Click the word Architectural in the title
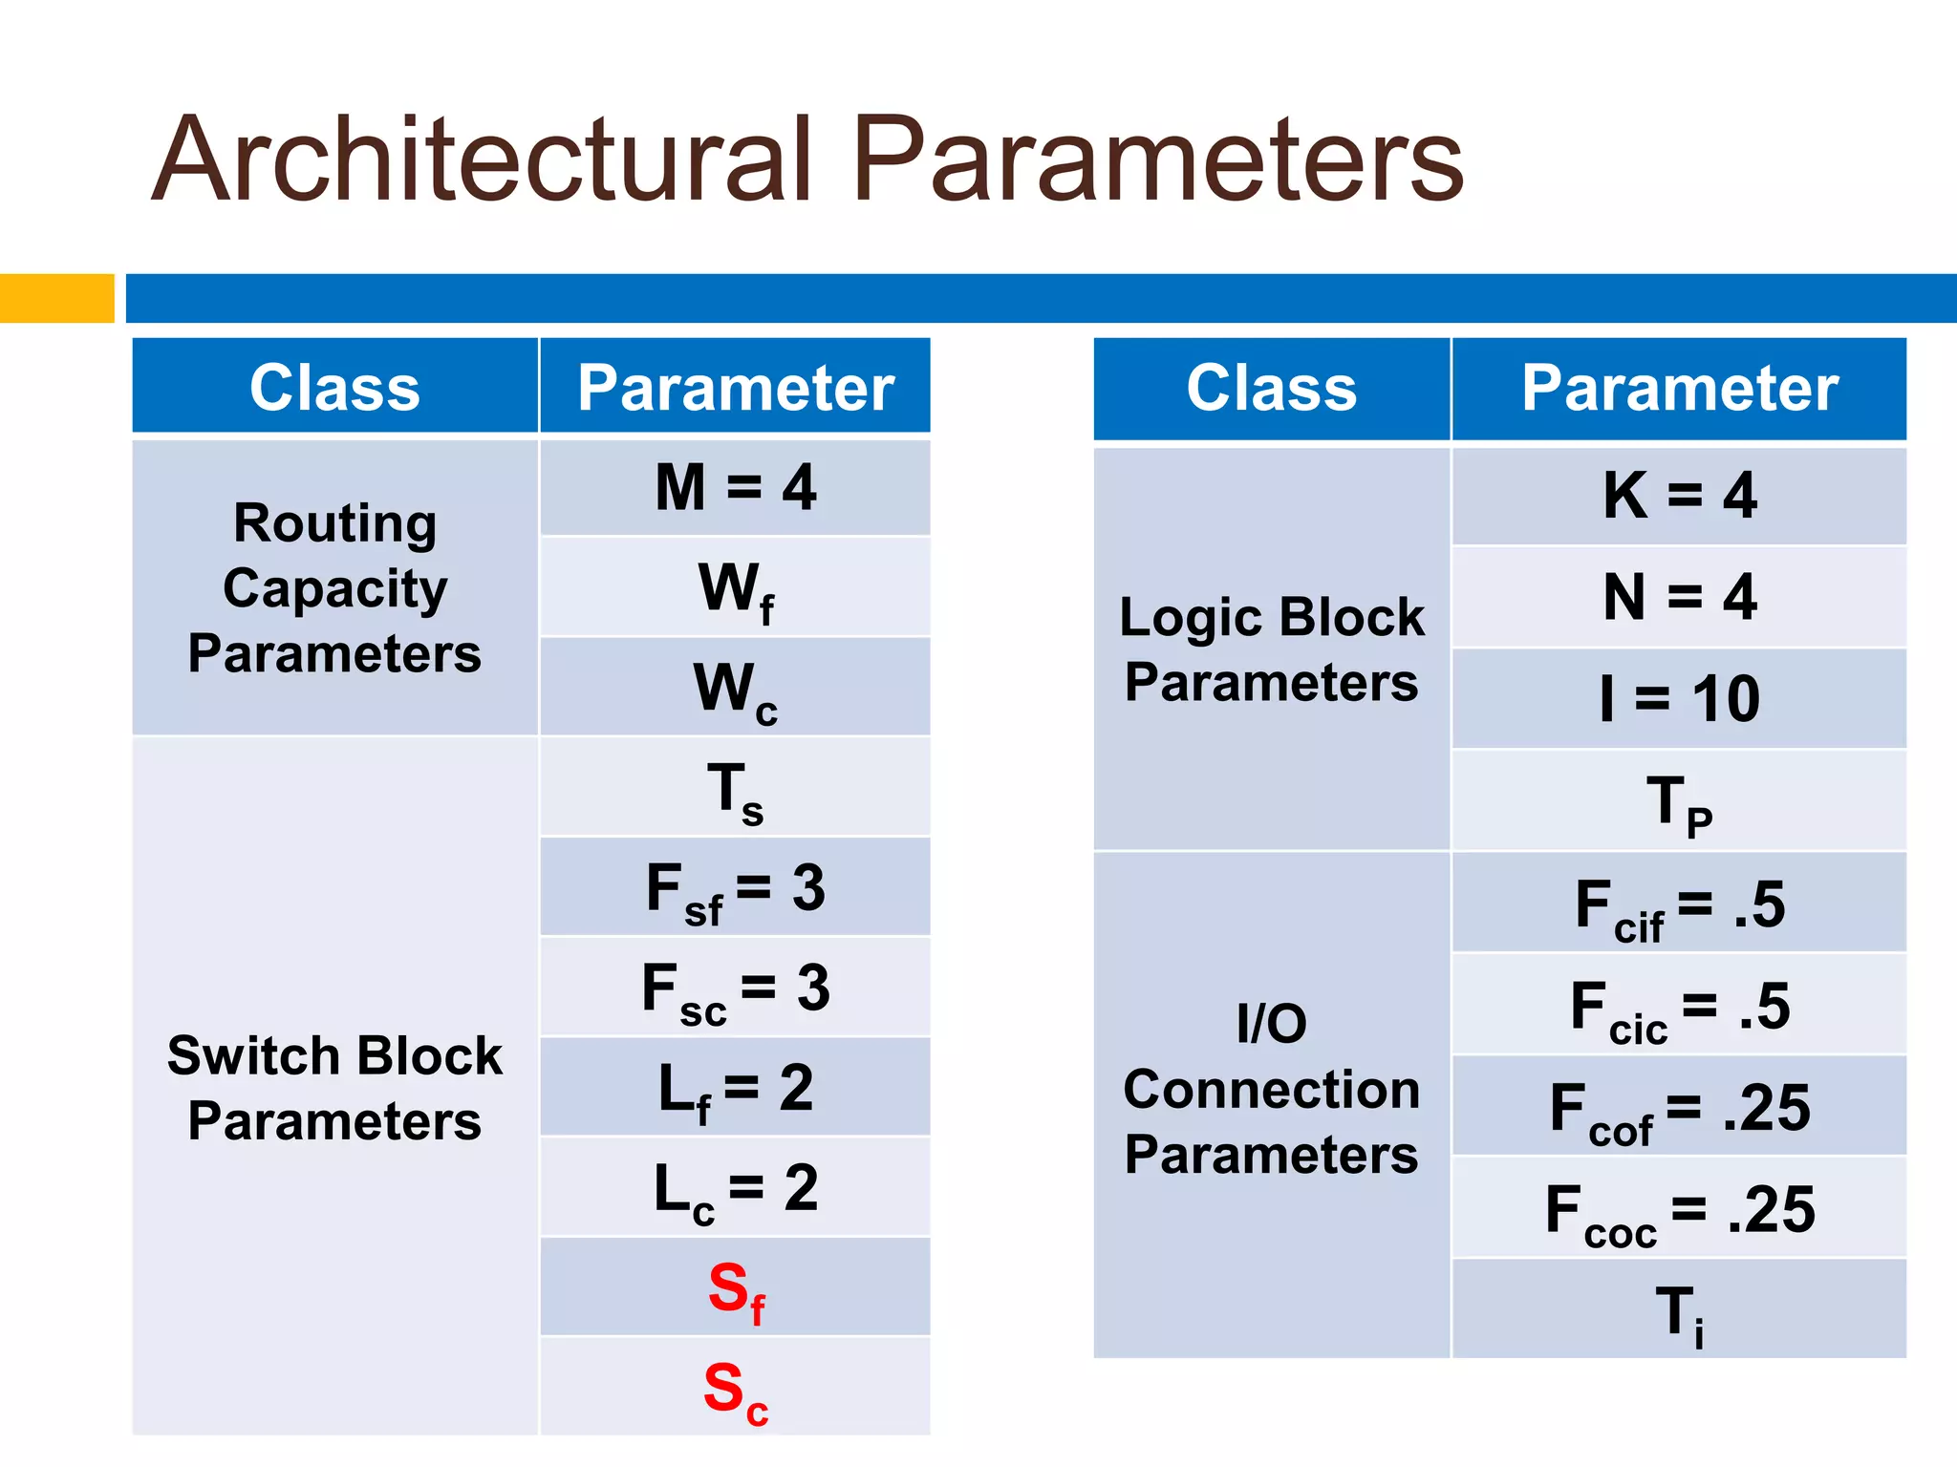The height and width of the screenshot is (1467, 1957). click(483, 159)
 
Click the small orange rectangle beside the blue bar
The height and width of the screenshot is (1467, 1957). click(56, 298)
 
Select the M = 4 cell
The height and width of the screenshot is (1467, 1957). click(735, 487)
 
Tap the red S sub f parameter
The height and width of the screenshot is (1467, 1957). click(735, 1289)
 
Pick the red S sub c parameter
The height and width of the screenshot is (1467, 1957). click(735, 1390)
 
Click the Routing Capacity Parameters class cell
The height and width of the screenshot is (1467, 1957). click(334, 587)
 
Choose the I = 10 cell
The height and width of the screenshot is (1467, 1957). click(1679, 698)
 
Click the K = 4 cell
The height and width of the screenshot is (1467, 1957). click(1679, 496)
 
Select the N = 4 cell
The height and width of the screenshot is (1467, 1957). click(1679, 597)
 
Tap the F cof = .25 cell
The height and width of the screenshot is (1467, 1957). click(1679, 1109)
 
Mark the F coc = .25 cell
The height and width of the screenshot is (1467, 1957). click(1679, 1210)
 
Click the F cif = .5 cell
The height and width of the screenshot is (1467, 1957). click(1679, 904)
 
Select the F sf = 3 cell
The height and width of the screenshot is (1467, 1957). click(735, 888)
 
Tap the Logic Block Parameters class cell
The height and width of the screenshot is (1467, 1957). click(1271, 649)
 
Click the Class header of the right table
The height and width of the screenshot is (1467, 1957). click(1271, 388)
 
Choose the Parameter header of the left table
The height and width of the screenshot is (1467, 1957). click(735, 388)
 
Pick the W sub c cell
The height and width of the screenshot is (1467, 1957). click(735, 688)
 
